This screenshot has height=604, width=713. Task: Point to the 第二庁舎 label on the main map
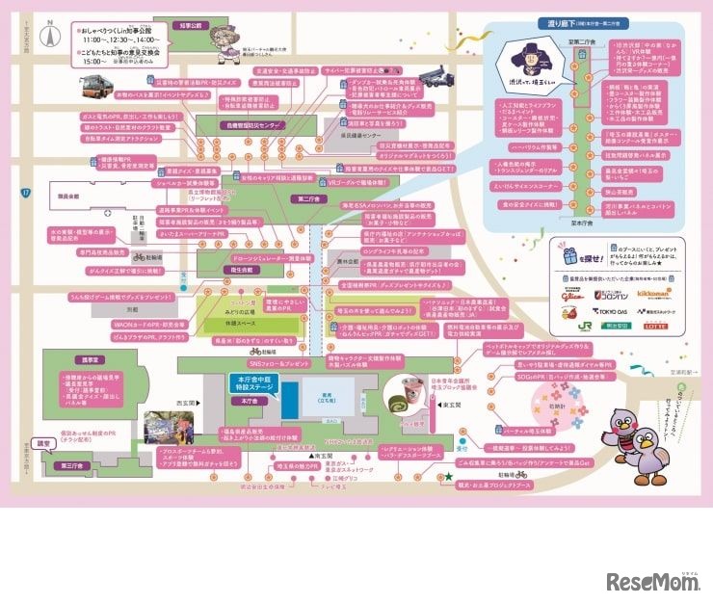(308, 200)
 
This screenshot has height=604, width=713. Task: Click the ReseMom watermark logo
(649, 582)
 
